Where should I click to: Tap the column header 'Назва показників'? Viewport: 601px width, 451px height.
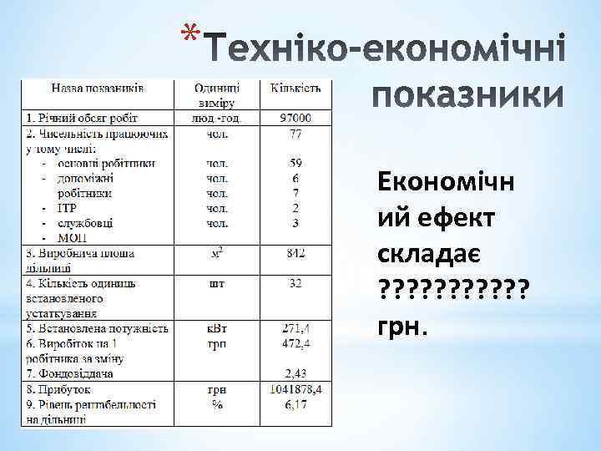click(x=98, y=86)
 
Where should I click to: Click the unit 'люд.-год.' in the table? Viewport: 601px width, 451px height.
click(x=217, y=118)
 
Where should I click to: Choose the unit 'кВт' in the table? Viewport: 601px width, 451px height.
click(x=217, y=328)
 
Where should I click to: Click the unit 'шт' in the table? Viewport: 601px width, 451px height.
click(x=217, y=283)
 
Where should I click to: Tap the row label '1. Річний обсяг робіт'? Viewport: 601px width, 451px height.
click(x=82, y=118)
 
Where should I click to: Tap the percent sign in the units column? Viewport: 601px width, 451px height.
click(x=217, y=403)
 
